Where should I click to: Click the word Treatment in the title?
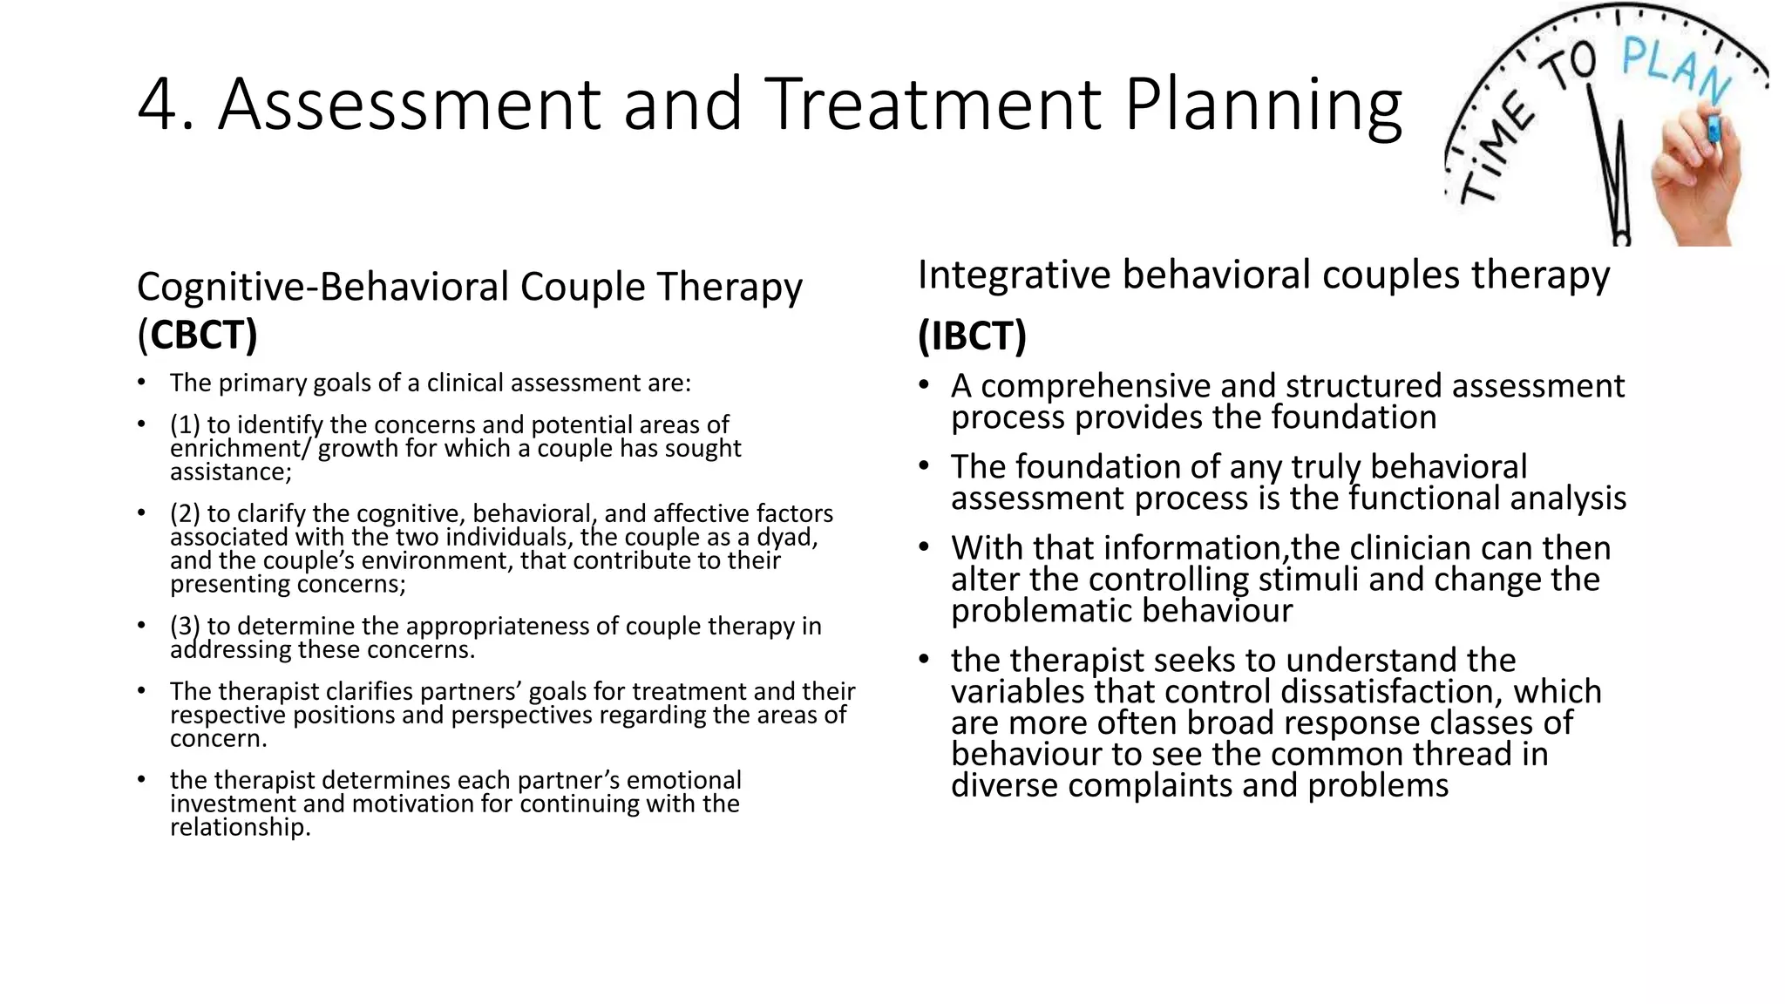[x=933, y=105]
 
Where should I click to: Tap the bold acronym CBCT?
[x=203, y=336]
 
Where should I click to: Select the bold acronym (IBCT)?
[x=972, y=336]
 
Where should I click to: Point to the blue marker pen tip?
[x=1714, y=129]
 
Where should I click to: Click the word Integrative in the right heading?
[x=1014, y=275]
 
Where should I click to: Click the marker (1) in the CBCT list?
[x=185, y=425]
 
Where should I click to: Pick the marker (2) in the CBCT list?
[x=185, y=514]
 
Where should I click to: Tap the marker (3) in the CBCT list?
[x=185, y=627]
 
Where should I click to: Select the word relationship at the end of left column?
[x=239, y=827]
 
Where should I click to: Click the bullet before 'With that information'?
[x=925, y=548]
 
